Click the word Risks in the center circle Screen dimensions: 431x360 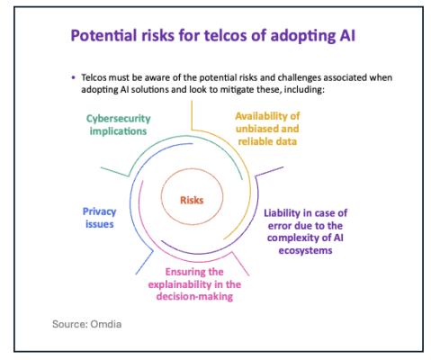pos(192,200)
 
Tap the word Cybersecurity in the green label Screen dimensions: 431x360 pos(119,119)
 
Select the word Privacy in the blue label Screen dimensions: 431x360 pos(99,211)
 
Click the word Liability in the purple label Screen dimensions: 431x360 pos(282,213)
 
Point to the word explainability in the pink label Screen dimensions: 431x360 pos(180,284)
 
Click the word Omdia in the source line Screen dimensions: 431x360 pos(106,324)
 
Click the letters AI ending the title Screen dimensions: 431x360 pos(347,35)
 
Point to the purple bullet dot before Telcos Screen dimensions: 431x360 pos(73,77)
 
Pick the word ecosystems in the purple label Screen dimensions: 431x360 pos(305,250)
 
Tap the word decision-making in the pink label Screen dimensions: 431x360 pos(194,296)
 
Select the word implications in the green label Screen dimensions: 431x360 pos(118,131)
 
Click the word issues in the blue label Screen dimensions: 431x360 pos(100,224)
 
